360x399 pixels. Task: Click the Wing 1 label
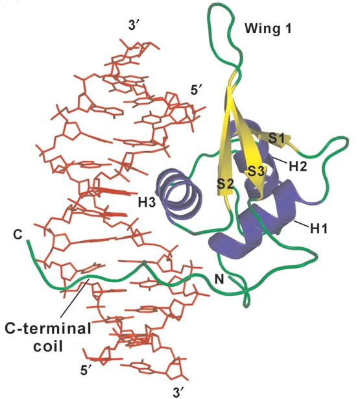pyautogui.click(x=268, y=29)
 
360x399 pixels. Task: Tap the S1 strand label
pyautogui.click(x=276, y=139)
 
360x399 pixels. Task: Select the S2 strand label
pyautogui.click(x=225, y=184)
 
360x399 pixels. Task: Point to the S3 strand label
pyautogui.click(x=256, y=171)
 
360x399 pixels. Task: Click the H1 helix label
pyautogui.click(x=318, y=229)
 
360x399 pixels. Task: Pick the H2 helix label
pyautogui.click(x=298, y=167)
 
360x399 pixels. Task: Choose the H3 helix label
pyautogui.click(x=147, y=202)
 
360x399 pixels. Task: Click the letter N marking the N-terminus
pyautogui.click(x=219, y=280)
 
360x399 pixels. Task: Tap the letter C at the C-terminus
pyautogui.click(x=18, y=235)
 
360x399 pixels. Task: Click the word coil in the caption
pyautogui.click(x=49, y=346)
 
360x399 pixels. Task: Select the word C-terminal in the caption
pyautogui.click(x=48, y=329)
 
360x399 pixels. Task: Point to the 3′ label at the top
pyautogui.click(x=134, y=25)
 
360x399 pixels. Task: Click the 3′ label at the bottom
pyautogui.click(x=178, y=392)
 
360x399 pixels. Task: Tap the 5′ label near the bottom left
pyautogui.click(x=86, y=370)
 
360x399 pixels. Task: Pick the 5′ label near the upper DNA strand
pyautogui.click(x=196, y=90)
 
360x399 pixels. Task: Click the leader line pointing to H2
pyautogui.click(x=281, y=161)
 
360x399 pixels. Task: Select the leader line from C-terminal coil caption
pyautogui.click(x=75, y=298)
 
